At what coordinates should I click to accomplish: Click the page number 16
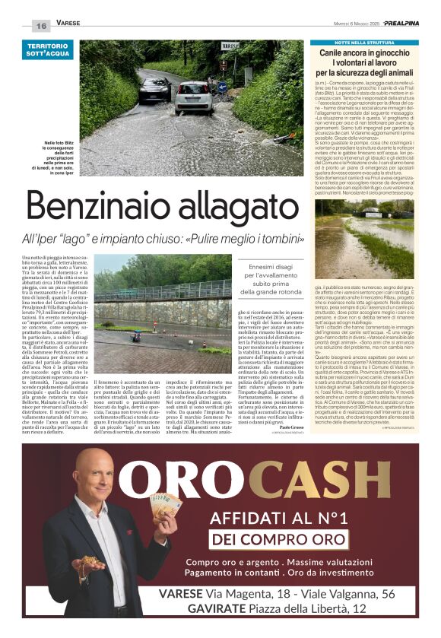coord(41,25)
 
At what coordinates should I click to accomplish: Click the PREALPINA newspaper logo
coord(402,24)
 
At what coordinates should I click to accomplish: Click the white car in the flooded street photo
coord(194,98)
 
